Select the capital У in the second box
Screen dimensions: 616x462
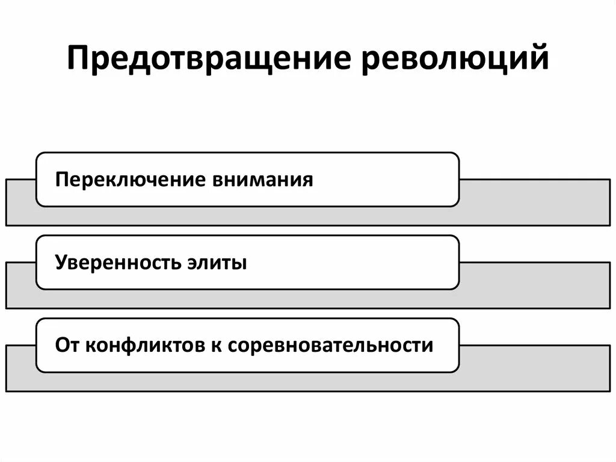pos(60,263)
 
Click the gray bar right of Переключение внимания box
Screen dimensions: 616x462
pos(535,202)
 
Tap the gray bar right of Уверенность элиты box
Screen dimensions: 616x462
pos(535,285)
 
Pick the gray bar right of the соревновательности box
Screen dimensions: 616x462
pos(535,368)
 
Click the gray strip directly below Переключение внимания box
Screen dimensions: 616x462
pos(241,216)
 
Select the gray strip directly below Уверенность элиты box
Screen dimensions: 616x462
pos(241,299)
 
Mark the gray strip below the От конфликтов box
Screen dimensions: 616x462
pos(241,382)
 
